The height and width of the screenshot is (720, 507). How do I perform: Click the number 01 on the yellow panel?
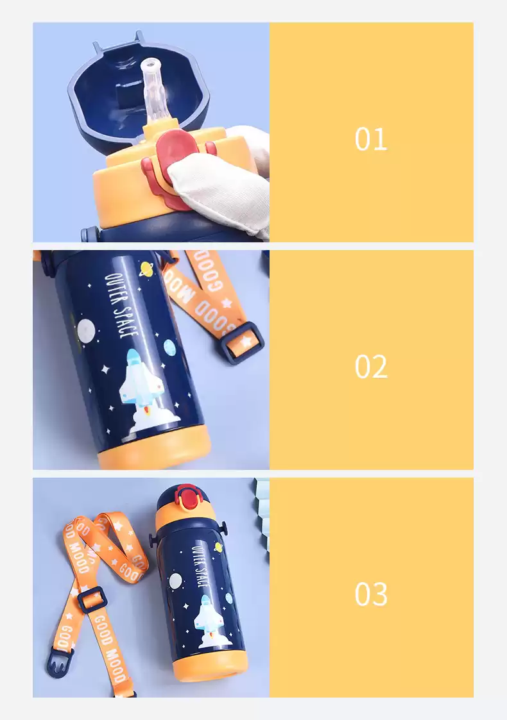pos(370,139)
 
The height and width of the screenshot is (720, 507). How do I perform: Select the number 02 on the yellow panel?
pos(370,367)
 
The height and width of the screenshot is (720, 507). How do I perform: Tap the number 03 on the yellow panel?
pos(370,594)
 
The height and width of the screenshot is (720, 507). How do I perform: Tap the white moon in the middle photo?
pos(86,330)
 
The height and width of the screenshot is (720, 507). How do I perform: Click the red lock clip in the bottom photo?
pos(187,498)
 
